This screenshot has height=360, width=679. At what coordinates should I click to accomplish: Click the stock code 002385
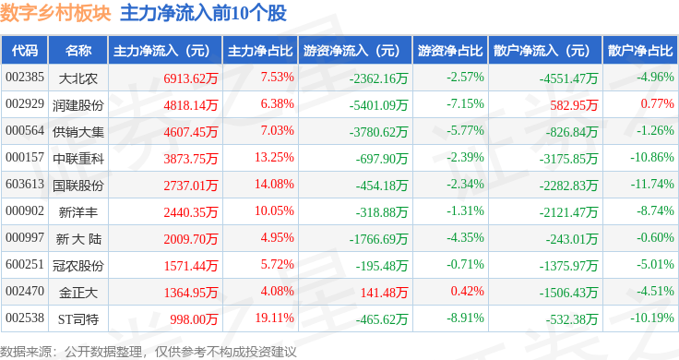25,78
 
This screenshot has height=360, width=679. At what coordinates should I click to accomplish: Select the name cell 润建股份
78,105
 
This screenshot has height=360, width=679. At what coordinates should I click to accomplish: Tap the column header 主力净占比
260,51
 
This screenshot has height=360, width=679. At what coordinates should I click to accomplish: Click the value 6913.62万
191,78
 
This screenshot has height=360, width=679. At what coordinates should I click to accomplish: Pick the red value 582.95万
574,105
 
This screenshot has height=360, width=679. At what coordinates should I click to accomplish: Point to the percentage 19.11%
275,318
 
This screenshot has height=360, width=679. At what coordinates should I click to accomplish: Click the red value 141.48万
384,293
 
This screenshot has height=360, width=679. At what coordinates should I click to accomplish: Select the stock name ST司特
78,319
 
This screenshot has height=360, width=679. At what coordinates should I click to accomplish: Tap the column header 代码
25,51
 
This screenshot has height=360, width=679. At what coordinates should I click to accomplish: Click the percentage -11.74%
652,184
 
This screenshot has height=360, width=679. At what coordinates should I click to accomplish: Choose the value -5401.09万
379,105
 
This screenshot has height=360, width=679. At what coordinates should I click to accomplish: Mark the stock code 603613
25,184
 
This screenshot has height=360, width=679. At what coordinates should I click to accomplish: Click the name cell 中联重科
78,159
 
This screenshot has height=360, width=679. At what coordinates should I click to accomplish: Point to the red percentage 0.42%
467,291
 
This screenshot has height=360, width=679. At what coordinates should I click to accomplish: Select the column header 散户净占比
640,51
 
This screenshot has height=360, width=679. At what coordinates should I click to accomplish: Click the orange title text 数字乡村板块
55,13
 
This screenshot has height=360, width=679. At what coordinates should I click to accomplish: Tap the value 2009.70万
191,239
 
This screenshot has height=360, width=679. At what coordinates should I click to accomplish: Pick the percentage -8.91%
466,318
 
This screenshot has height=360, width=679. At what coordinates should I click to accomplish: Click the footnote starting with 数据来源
149,352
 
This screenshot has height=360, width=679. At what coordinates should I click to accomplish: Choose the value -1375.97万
568,266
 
